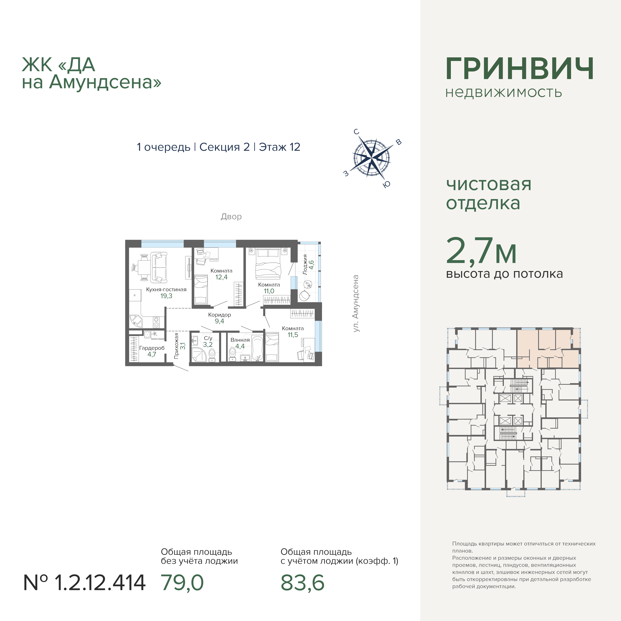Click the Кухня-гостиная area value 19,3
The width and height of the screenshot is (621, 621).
point(166,296)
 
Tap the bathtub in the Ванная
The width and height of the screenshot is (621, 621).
point(257,348)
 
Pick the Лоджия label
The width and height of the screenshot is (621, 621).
point(305,265)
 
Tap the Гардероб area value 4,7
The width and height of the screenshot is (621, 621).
point(152,354)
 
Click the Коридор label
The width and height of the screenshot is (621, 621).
point(220,315)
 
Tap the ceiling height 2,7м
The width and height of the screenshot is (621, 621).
point(481,251)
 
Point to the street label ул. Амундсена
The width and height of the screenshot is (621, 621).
point(356,303)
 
